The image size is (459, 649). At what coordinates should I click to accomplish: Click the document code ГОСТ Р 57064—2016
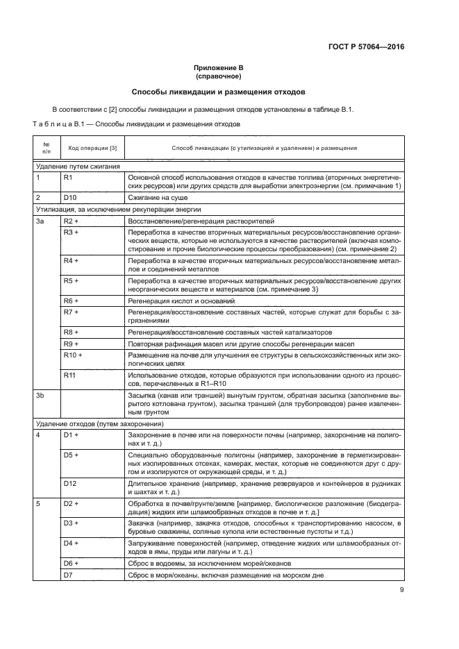pyautogui.click(x=366, y=47)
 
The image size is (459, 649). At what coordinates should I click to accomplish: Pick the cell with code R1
pyautogui.click(x=68, y=178)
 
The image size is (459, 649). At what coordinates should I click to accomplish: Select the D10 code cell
pyautogui.click(x=69, y=197)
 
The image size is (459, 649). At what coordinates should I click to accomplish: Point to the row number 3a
pyautogui.click(x=40, y=220)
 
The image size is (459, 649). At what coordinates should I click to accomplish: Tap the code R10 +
pyautogui.click(x=73, y=355)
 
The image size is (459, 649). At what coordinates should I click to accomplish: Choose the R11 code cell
pyautogui.click(x=69, y=375)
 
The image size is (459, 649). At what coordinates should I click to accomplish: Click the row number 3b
pyautogui.click(x=40, y=395)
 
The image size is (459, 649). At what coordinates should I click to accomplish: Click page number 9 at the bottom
pyautogui.click(x=401, y=591)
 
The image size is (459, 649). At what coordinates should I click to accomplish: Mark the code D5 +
pyautogui.click(x=71, y=454)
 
